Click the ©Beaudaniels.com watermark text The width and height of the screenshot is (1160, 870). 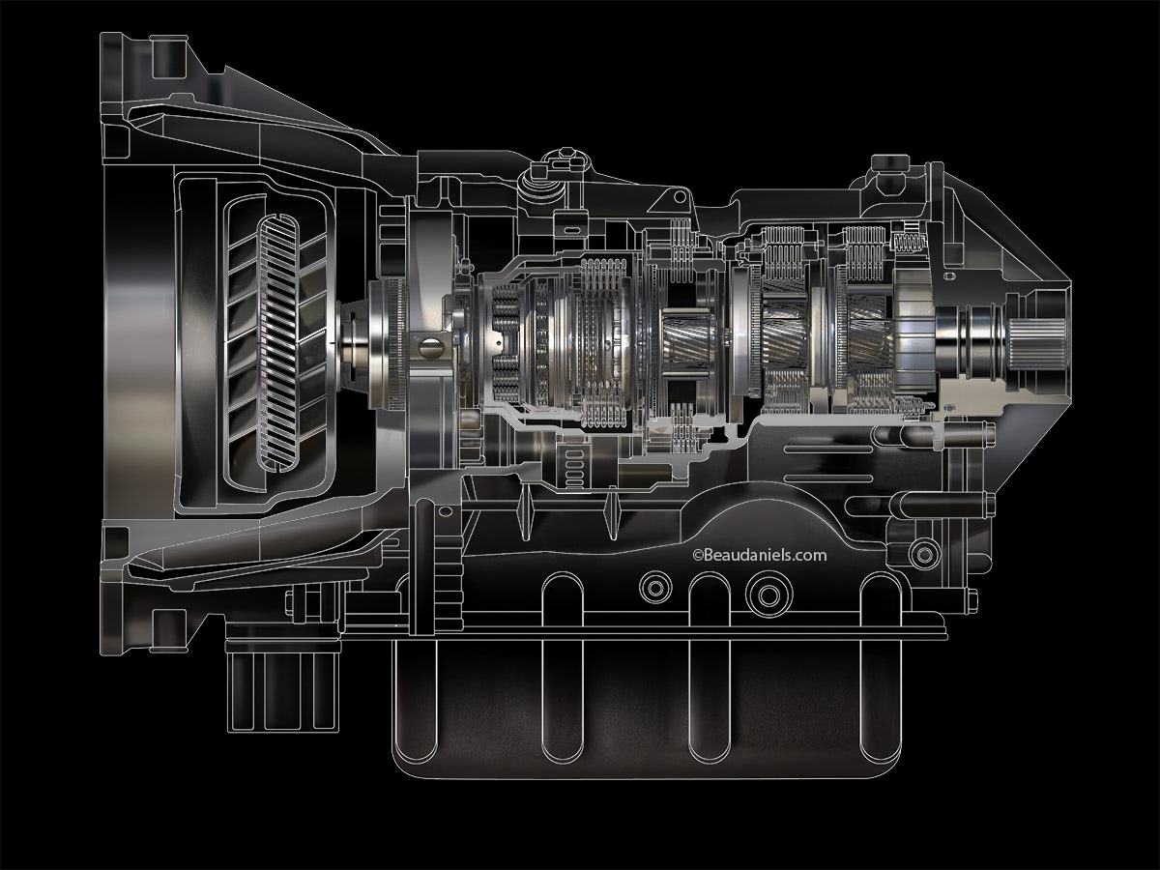760,555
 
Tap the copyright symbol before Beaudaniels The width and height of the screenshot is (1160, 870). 696,556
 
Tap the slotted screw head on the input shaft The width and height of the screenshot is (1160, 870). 431,344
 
